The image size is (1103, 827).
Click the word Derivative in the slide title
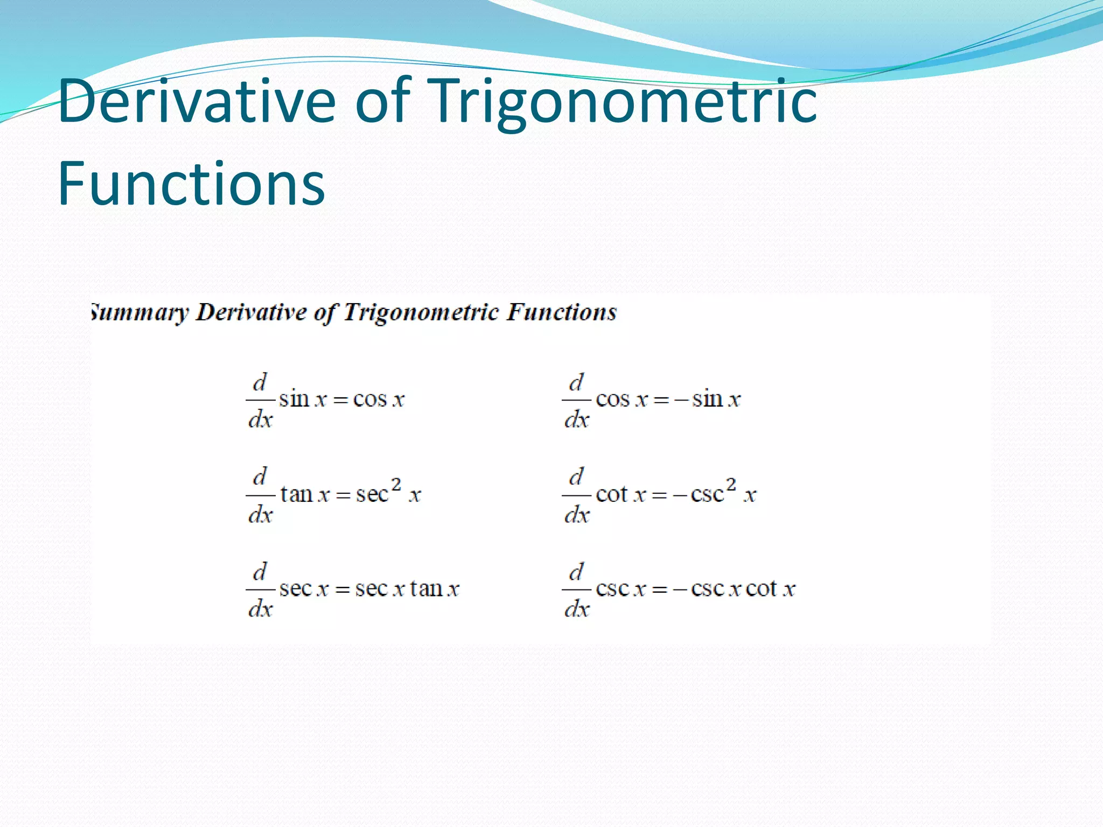tap(197, 101)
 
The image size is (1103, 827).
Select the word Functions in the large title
tap(191, 184)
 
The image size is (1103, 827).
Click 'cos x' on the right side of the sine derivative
tap(379, 400)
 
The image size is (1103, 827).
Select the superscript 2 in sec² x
tap(396, 485)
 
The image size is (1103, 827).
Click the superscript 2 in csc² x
tap(731, 485)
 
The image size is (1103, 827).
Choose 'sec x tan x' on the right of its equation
tap(407, 589)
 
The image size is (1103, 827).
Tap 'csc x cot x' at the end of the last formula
tap(743, 589)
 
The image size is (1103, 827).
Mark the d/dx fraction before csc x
tap(576, 590)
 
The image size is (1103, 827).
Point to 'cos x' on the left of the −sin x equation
tap(622, 400)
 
